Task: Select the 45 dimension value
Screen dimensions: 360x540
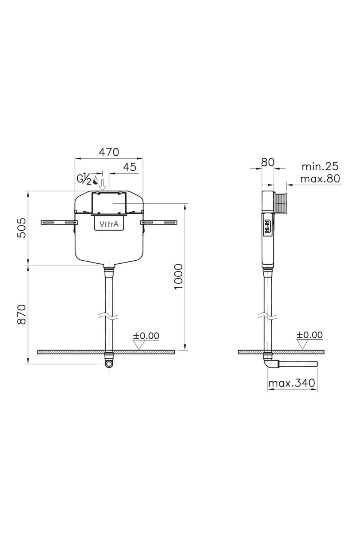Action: click(x=130, y=167)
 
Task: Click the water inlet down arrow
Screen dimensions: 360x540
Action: click(x=103, y=185)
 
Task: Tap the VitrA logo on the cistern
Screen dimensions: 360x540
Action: click(x=109, y=224)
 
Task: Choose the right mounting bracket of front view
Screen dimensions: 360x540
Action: click(x=160, y=222)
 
